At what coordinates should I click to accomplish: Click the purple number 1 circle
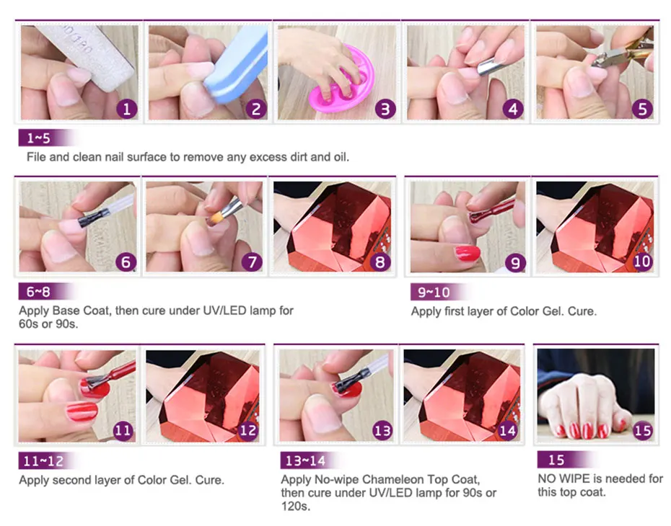coord(127,109)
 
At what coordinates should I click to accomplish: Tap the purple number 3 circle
coord(385,109)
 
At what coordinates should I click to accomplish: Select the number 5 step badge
coord(642,109)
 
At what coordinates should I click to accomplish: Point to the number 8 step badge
coord(380,262)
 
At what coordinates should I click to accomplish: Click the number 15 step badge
coord(642,430)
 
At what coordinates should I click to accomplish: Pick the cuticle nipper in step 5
coord(623,52)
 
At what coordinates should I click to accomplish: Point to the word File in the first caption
coord(36,157)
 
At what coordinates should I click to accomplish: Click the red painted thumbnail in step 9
coord(468,253)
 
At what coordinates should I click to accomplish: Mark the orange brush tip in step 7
coord(214,219)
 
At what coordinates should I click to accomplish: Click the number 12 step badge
coord(248,430)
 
